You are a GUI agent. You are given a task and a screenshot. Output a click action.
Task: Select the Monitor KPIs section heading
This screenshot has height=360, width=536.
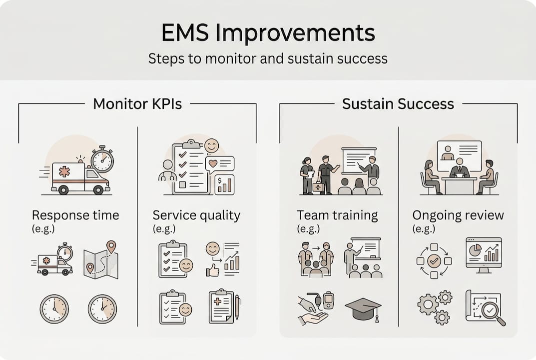pos(137,104)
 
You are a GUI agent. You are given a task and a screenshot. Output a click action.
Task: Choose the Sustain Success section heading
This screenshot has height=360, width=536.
pos(398,104)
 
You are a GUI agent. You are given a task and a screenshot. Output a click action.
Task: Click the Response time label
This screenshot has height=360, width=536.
pos(75,215)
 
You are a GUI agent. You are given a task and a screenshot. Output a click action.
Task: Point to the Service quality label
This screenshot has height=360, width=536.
pos(196,215)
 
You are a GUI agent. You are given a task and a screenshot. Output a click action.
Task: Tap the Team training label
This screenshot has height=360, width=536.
pos(337,215)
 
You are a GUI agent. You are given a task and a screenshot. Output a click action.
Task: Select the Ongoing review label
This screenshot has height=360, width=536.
pos(458,215)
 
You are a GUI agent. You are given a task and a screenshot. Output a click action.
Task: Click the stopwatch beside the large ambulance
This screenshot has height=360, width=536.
pos(102,160)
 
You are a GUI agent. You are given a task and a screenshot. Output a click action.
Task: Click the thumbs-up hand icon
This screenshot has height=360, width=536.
pos(213,269)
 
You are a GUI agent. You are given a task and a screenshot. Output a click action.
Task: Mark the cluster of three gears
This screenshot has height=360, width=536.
pos(434,307)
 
